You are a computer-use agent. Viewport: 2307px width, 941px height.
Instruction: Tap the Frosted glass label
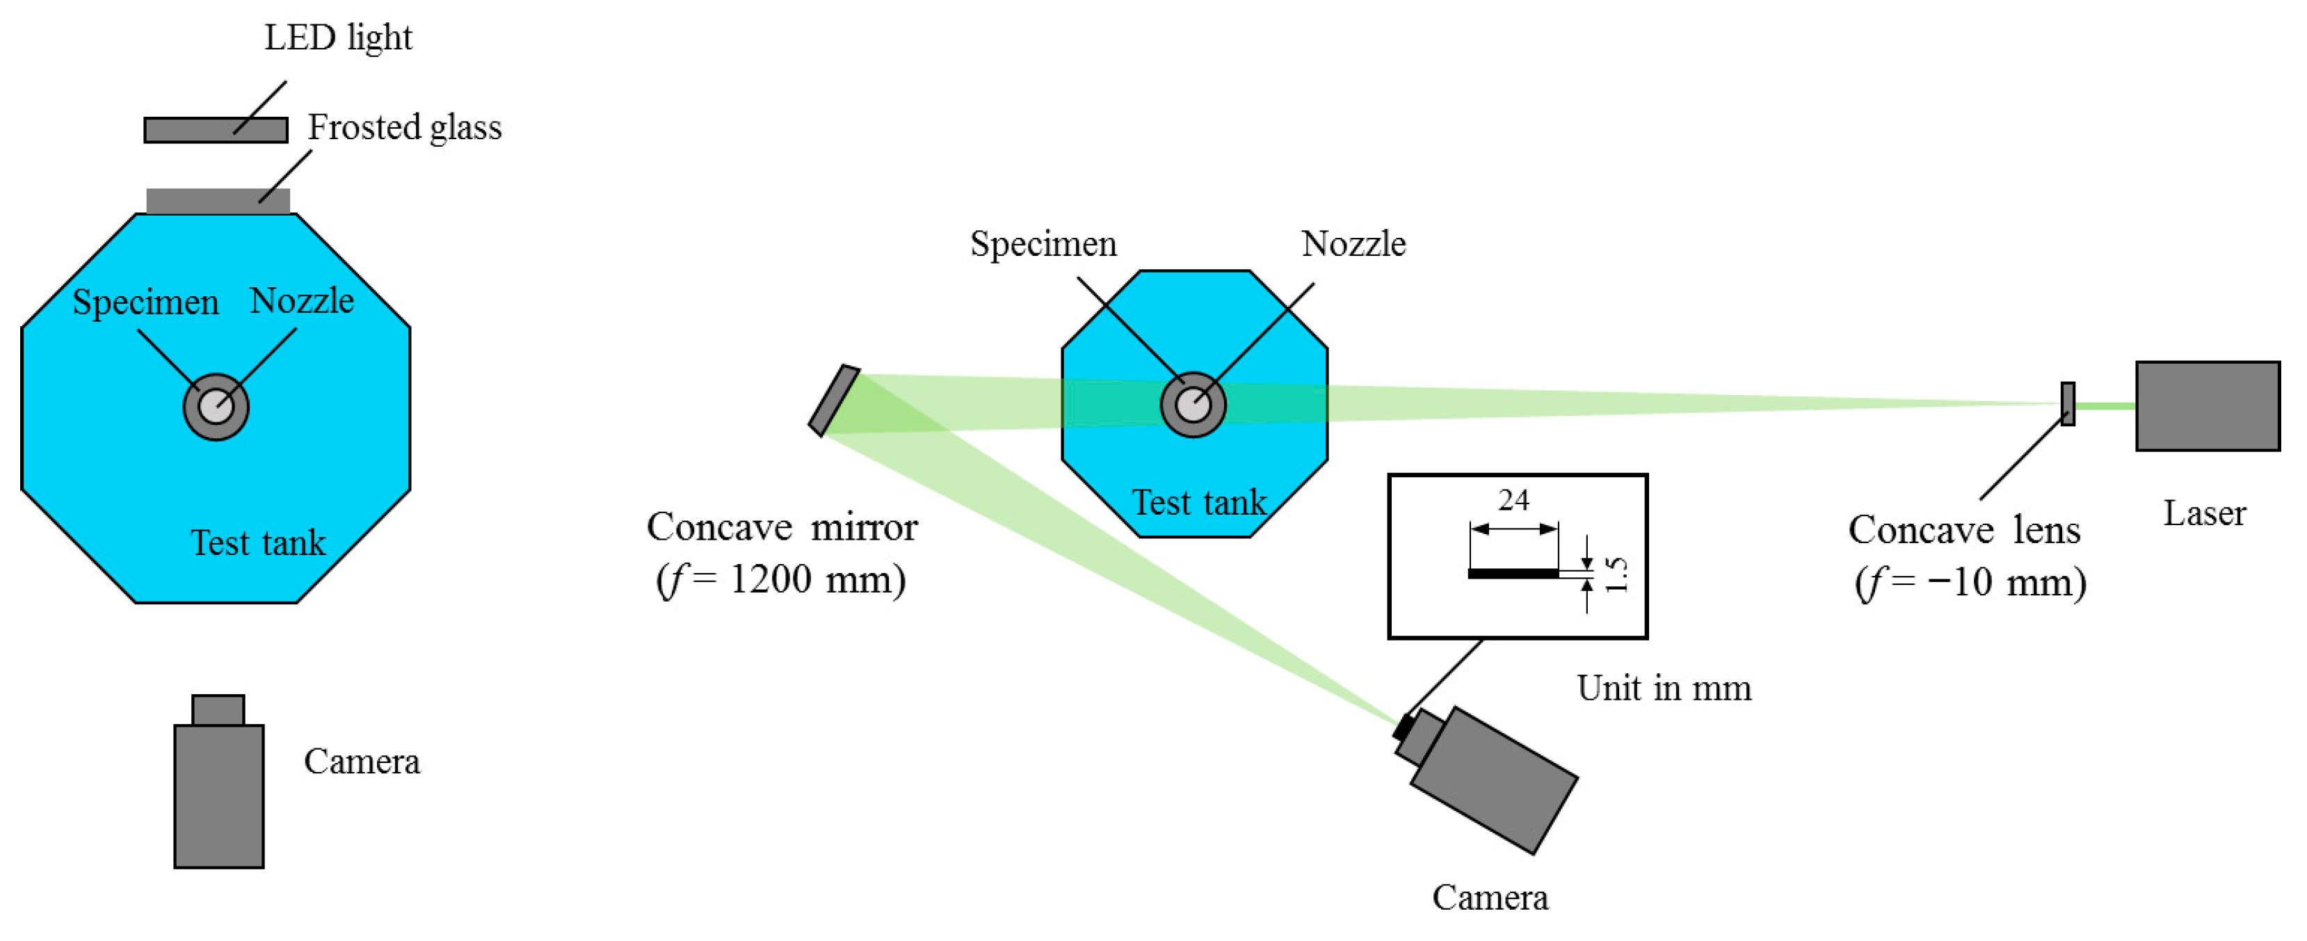pyautogui.click(x=404, y=128)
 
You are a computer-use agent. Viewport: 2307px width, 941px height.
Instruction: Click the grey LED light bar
pyautogui.click(x=216, y=131)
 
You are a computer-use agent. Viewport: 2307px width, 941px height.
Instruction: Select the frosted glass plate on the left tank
pyautogui.click(x=218, y=200)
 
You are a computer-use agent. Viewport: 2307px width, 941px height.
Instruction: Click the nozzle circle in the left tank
pyautogui.click(x=216, y=408)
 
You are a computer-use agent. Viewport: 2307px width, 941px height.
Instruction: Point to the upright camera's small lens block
pyautogui.click(x=218, y=710)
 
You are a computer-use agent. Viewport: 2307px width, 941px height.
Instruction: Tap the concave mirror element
pyautogui.click(x=834, y=400)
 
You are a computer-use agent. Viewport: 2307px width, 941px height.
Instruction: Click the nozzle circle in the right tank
pyautogui.click(x=1193, y=405)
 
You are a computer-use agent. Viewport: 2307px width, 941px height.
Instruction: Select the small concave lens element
pyautogui.click(x=2068, y=404)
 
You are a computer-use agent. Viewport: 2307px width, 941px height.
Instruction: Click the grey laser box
pyautogui.click(x=2208, y=406)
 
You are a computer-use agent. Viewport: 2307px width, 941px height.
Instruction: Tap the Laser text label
pyautogui.click(x=2204, y=514)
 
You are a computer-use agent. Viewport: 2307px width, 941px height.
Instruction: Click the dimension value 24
pyautogui.click(x=1513, y=499)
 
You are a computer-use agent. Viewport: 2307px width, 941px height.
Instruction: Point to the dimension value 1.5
pyautogui.click(x=1616, y=574)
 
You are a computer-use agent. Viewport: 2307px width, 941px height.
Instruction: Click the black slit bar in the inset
pyautogui.click(x=1513, y=574)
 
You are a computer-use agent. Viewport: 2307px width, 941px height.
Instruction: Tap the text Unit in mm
pyautogui.click(x=1663, y=689)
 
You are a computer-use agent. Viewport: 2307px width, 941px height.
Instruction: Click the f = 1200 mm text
pyautogui.click(x=781, y=580)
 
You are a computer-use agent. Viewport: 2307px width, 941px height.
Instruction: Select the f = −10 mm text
pyautogui.click(x=1970, y=583)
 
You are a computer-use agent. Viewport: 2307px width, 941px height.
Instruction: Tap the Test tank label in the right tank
pyautogui.click(x=1199, y=503)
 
